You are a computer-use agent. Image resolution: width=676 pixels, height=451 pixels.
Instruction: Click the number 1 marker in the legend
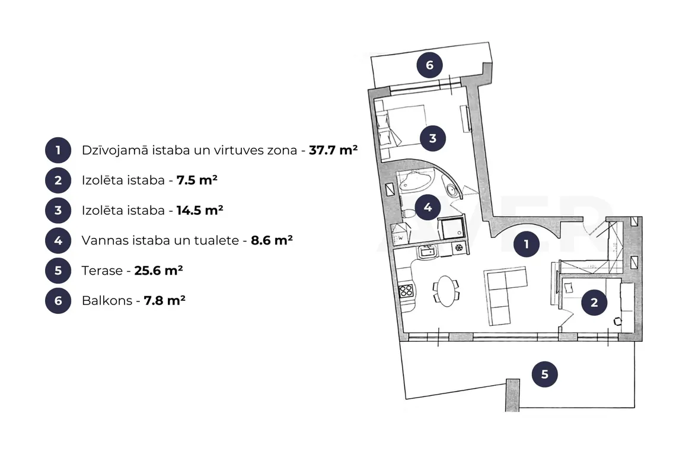58,150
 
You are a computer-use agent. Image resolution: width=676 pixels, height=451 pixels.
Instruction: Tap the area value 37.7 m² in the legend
333,150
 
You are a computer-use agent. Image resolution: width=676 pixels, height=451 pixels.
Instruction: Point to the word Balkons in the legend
107,300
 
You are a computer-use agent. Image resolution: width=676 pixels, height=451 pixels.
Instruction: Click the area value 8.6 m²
272,240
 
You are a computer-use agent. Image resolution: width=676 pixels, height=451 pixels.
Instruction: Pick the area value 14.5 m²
200,210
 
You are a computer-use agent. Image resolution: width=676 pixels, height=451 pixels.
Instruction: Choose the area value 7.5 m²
197,180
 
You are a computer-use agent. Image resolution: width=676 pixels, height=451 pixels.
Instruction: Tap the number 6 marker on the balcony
429,65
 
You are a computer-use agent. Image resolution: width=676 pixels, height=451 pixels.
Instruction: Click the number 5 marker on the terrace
544,374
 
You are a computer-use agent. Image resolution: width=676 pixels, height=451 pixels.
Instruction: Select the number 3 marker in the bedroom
433,138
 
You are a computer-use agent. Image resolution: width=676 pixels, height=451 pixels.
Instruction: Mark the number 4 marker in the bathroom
428,207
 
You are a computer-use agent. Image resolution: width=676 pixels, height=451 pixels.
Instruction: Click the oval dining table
446,291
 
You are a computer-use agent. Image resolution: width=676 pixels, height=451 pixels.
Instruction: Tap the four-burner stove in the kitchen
406,291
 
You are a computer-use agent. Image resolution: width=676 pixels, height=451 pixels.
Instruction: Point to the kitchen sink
427,251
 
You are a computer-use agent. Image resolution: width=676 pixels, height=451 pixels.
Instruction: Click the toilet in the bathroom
409,213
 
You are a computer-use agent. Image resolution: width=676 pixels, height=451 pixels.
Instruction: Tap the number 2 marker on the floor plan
594,303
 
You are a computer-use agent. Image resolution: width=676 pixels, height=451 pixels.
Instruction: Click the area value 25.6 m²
158,270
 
